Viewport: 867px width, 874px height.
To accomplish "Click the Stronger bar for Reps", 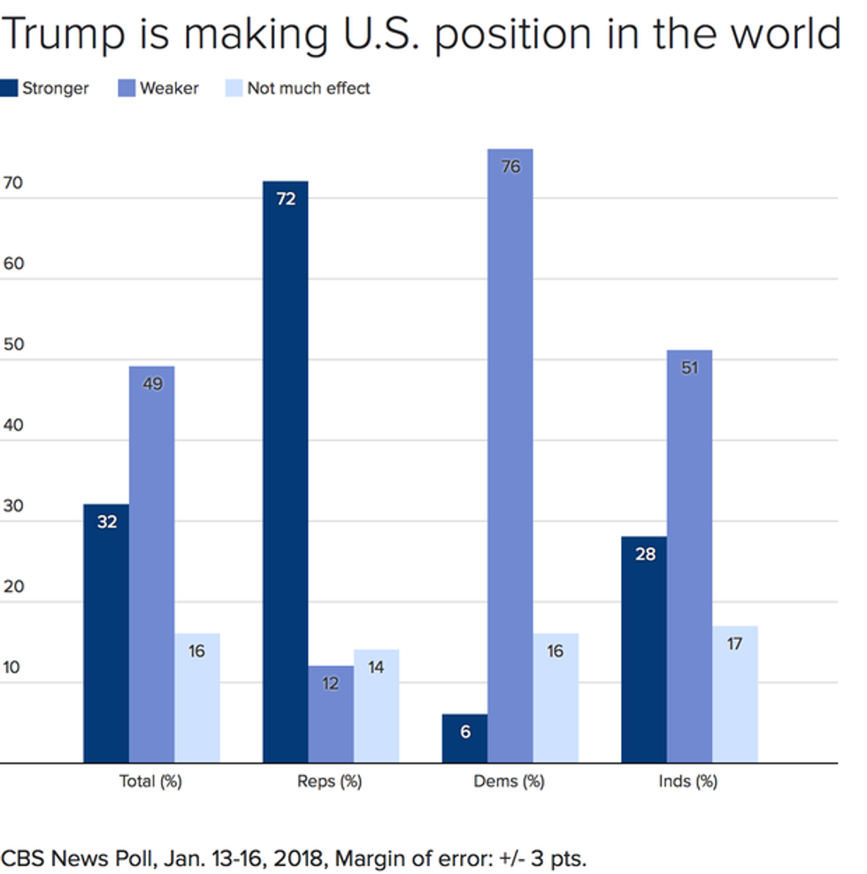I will coord(285,471).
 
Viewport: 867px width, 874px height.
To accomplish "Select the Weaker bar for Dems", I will coord(510,456).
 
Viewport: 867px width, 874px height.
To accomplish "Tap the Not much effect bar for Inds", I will coord(734,694).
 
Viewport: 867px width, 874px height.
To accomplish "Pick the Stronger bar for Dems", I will coord(464,738).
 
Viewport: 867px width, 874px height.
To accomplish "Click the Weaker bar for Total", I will coord(151,564).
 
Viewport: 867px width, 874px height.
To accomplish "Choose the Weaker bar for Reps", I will coord(330,714).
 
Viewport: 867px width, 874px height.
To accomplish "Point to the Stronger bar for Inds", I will coord(644,649).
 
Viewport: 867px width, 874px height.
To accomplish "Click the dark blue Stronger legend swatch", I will coord(9,88).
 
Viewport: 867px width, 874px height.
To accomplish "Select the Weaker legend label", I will coord(169,88).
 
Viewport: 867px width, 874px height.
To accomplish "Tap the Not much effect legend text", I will coord(309,88).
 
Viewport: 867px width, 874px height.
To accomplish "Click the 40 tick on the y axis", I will coord(12,425).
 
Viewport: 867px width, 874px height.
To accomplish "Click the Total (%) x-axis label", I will coord(150,782).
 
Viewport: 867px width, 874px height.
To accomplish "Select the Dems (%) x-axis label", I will coord(510,782).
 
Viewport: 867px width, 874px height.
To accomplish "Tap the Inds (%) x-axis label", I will coord(688,782).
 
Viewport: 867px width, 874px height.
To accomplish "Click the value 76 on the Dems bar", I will coord(510,166).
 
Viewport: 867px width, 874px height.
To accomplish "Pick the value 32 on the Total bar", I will coord(107,522).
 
